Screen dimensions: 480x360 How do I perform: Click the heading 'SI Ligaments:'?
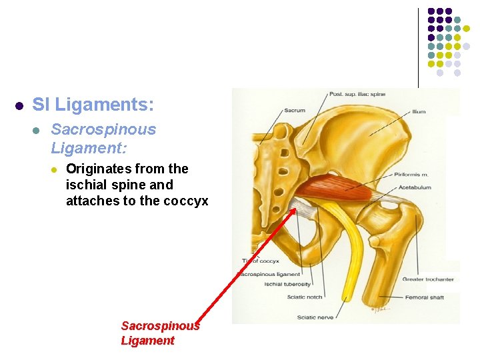[x=93, y=105]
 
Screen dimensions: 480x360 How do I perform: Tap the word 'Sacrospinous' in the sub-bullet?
[x=103, y=129]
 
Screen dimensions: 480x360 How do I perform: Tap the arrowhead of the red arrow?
[x=294, y=209]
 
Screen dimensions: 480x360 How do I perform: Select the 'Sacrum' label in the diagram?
[x=295, y=111]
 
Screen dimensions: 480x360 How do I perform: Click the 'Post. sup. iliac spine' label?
[x=357, y=95]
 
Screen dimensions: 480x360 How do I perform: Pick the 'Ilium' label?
[x=419, y=112]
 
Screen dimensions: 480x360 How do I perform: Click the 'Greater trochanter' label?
[x=428, y=279]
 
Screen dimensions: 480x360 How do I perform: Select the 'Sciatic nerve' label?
[x=315, y=317]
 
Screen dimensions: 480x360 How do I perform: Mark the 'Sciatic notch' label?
[x=305, y=297]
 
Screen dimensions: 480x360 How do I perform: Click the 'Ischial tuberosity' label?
[x=287, y=285]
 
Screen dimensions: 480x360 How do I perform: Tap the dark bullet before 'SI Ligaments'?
[x=20, y=105]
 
